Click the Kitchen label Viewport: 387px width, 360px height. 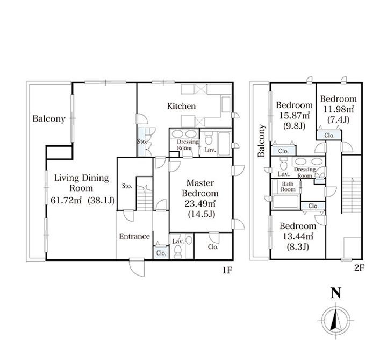(182, 106)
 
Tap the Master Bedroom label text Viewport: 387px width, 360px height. (200, 188)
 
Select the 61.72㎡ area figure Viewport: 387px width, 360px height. (66, 200)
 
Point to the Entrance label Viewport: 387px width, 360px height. (134, 236)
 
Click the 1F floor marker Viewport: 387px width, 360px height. (227, 270)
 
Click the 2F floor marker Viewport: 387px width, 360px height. (359, 268)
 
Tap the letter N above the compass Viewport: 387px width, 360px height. (335, 293)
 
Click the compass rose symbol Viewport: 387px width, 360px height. (335, 320)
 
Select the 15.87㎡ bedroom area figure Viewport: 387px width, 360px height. (295, 115)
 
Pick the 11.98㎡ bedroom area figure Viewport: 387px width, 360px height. (339, 109)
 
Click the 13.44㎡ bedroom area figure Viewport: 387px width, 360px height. (298, 236)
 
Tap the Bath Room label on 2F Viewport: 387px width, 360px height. (288, 187)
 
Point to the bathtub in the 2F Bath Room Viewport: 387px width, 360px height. (286, 201)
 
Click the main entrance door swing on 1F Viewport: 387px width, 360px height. (137, 267)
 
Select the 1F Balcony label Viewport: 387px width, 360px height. (49, 119)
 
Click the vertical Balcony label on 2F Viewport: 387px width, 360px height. (261, 140)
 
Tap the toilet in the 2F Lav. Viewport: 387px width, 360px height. (284, 164)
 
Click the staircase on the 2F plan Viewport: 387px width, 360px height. (352, 195)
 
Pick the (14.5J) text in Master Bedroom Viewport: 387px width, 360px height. (202, 214)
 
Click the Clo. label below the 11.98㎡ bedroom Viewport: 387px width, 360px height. (329, 136)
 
